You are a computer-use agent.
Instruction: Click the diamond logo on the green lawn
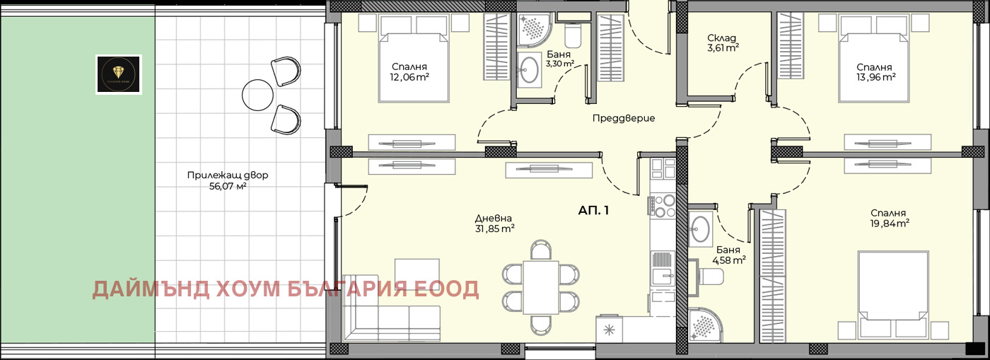click(119, 74)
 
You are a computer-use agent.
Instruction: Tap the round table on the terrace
click(257, 94)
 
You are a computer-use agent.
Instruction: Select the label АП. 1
click(593, 210)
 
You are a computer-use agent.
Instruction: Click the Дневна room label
click(494, 219)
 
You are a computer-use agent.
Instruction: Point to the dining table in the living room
click(541, 286)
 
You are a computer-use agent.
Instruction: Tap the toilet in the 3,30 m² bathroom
click(573, 34)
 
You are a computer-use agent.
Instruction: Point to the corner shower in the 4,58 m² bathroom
click(704, 325)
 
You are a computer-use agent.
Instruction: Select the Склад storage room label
click(722, 38)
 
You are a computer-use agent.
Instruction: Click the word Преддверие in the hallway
click(623, 118)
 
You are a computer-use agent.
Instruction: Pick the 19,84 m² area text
click(889, 223)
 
